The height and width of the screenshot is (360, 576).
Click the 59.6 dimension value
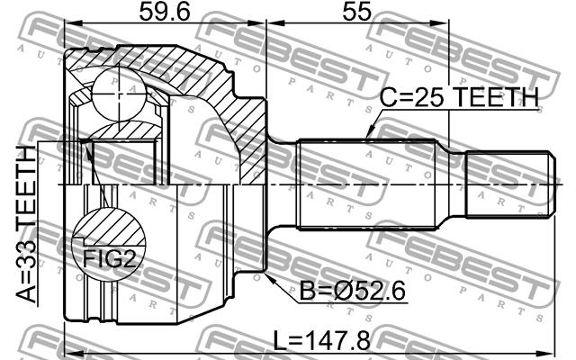164,12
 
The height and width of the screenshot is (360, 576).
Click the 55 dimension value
356,12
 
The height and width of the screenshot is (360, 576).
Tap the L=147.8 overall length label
321,340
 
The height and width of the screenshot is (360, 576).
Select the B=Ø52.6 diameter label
353,291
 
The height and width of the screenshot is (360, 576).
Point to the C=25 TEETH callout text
459,97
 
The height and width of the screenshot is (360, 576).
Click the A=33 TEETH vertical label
26,224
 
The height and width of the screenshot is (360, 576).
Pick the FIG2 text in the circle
109,259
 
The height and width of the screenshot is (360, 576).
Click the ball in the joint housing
119,94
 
